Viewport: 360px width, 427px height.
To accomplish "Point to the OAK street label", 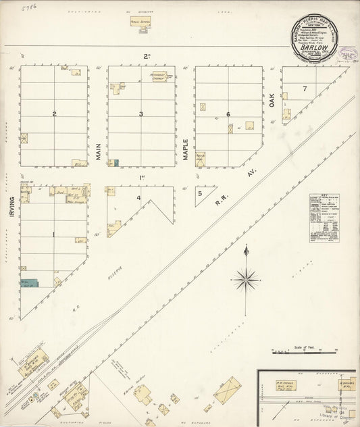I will coord(273,101).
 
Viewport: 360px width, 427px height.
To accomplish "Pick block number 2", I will coord(54,114).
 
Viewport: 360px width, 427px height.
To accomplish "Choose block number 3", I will coord(141,114).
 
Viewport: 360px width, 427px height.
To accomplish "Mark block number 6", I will coord(228,114).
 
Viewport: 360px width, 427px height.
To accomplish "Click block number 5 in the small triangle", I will coord(200,193).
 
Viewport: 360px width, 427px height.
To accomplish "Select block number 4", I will coord(138,198).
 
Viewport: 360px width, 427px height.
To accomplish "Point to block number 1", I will coord(54,234).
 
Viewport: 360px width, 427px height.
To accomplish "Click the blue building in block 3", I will coord(116,163).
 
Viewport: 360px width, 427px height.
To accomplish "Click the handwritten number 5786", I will coord(29,7).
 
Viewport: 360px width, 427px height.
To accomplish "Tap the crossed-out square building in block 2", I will coord(25,139).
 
